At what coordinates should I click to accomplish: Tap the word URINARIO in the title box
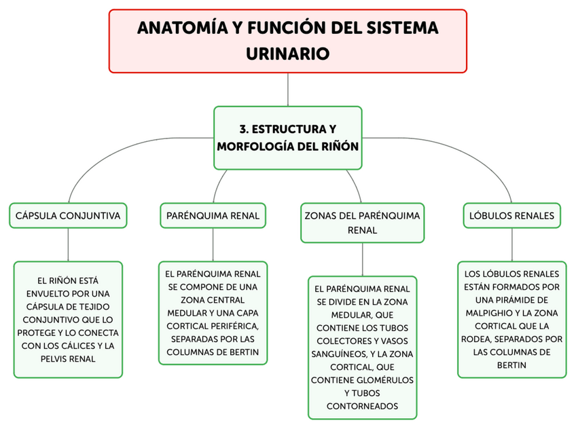point(287,53)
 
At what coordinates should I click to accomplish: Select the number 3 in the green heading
point(243,128)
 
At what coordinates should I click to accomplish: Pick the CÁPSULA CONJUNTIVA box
point(67,216)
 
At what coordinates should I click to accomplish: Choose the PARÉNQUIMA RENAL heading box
point(213,216)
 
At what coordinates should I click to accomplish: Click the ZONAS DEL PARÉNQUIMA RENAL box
point(362,223)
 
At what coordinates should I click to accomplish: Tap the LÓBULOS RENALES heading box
point(511,216)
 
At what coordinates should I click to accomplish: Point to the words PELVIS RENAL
point(67,359)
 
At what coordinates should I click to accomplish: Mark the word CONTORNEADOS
point(362,406)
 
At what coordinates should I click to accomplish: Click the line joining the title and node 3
point(288,89)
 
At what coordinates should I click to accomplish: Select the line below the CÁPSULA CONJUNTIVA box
point(67,244)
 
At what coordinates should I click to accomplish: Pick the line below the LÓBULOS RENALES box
point(511,244)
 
